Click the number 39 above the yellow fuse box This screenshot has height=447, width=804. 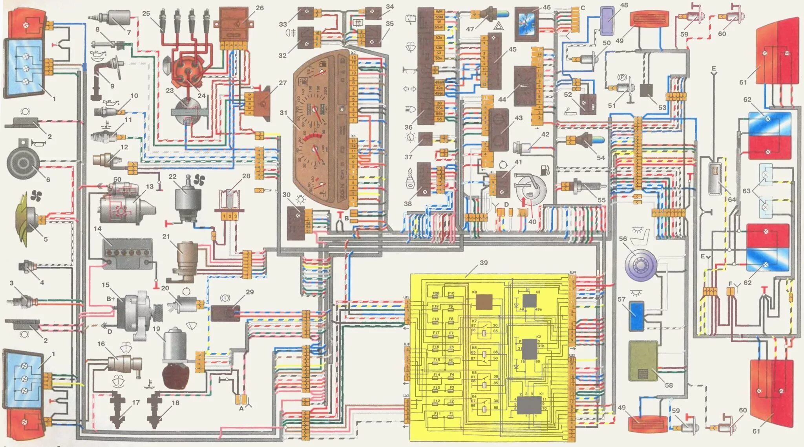(484, 263)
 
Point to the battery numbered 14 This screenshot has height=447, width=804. (127, 253)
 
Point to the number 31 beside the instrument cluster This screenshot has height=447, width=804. (283, 113)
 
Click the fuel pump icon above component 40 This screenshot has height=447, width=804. (545, 170)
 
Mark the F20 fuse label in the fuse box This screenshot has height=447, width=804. (436, 293)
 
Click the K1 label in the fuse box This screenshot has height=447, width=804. (541, 394)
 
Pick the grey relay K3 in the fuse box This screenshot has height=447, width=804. (529, 301)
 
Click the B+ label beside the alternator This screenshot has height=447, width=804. (111, 299)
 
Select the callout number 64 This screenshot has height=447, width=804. (731, 200)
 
